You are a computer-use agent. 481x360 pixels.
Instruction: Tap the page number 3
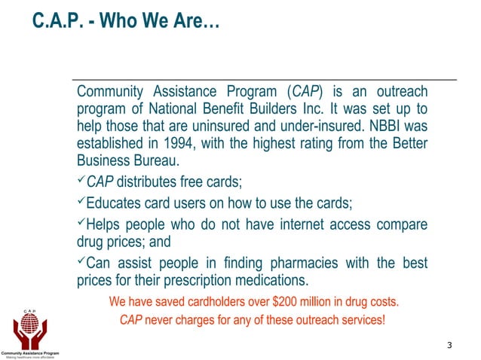449,345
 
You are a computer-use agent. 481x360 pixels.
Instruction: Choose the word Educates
114,203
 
